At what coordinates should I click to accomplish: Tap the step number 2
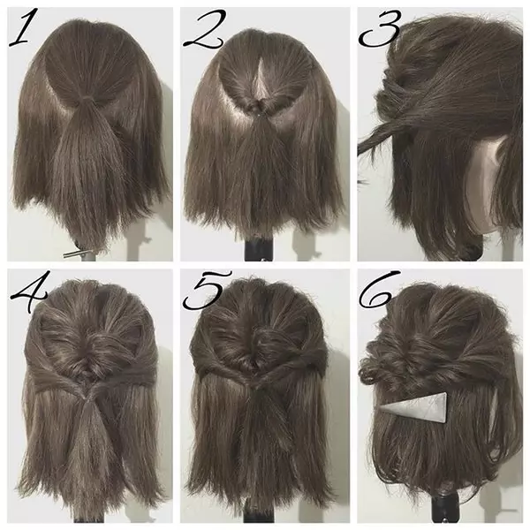(x=204, y=30)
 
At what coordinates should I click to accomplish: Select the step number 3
(x=380, y=29)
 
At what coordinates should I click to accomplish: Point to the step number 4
(x=30, y=291)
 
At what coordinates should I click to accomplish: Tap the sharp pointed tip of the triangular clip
(x=381, y=409)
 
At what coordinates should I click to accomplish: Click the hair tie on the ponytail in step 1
(x=87, y=99)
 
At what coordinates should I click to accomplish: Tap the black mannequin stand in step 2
(x=258, y=249)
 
